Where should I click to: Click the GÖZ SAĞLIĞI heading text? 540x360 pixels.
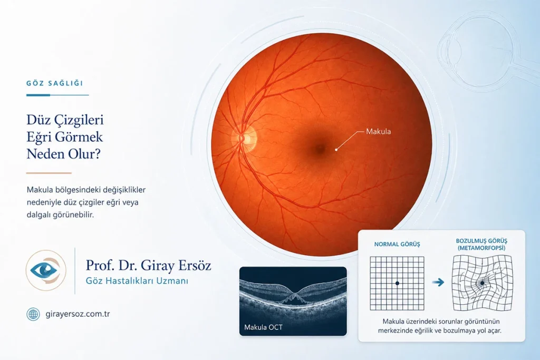[x=55, y=83]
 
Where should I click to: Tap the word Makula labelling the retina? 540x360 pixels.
[x=378, y=131]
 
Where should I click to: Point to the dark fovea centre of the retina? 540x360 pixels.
[x=320, y=149]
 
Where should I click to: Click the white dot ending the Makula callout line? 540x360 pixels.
[x=336, y=150]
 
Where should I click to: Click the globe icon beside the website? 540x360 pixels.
[x=33, y=314]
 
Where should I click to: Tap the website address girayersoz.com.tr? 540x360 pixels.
[x=78, y=314]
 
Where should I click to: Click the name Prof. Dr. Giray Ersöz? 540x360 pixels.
[x=148, y=265]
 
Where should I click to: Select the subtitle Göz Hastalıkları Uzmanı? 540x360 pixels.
[x=137, y=281]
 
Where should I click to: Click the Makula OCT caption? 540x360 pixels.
[x=263, y=327]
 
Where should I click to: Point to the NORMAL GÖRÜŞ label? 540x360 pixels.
[x=397, y=245]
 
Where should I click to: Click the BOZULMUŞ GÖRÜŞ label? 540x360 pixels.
[x=481, y=241]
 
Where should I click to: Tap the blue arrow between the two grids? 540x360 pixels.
[x=438, y=283]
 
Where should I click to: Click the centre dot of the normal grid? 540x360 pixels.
[x=397, y=283]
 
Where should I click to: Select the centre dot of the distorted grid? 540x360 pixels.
[x=482, y=283]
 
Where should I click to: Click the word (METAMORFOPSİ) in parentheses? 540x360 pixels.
[x=481, y=248]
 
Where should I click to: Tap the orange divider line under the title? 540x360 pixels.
[x=49, y=173]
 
